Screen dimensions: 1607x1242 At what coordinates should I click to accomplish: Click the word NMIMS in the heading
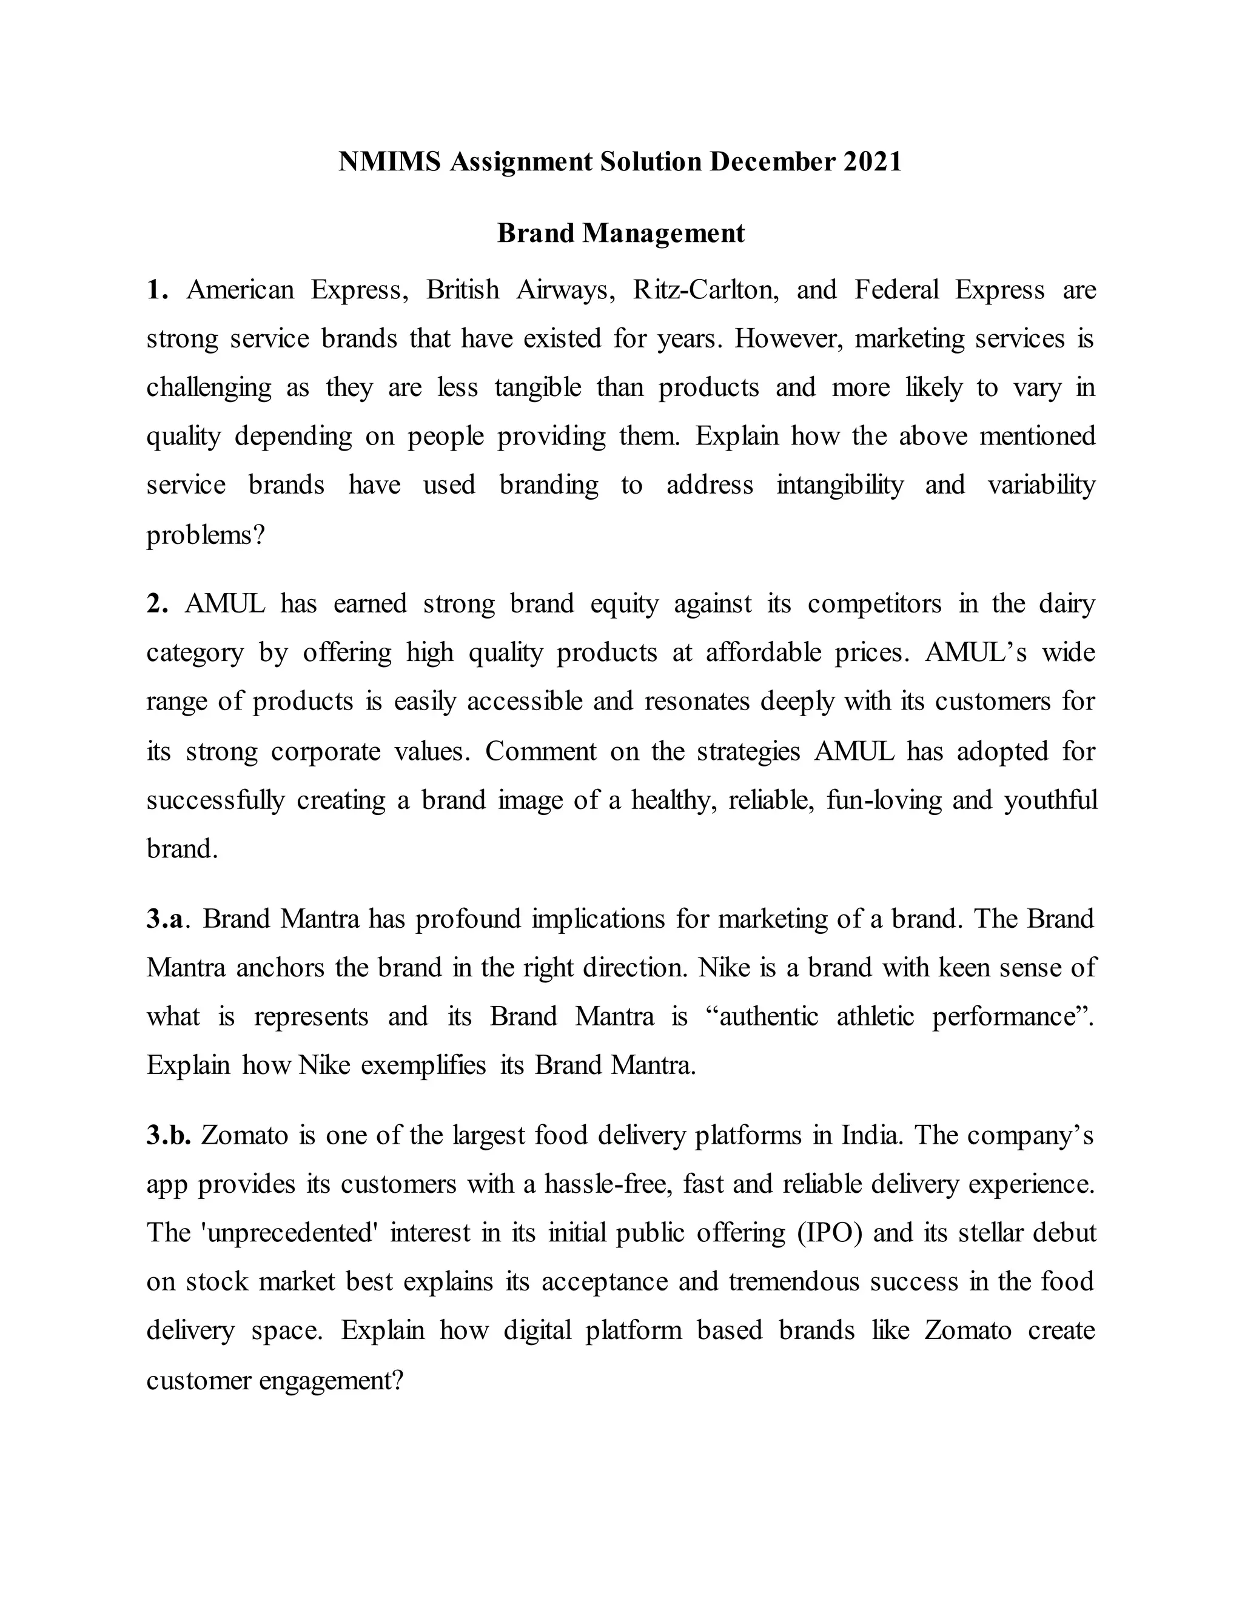tap(389, 162)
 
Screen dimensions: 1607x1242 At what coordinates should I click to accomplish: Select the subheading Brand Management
tap(621, 233)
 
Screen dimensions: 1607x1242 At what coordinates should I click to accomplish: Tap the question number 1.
tap(156, 290)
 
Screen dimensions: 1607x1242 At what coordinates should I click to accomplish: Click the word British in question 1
tap(463, 290)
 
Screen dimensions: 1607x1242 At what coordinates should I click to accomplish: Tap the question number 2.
tap(156, 604)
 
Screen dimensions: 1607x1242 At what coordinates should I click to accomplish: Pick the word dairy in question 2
tap(1067, 604)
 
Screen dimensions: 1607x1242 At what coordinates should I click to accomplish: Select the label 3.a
tap(165, 919)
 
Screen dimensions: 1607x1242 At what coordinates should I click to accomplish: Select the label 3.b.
tap(169, 1135)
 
